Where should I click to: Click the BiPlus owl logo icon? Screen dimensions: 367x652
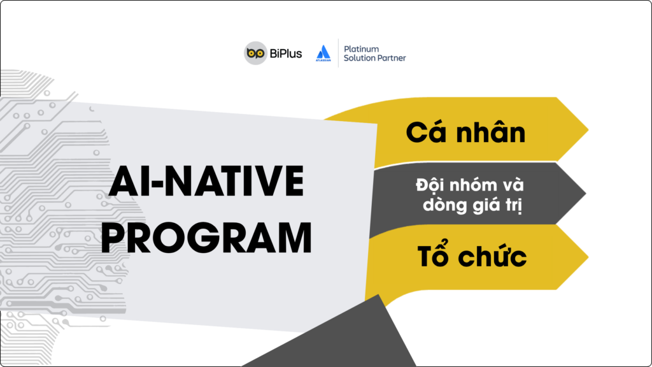point(255,53)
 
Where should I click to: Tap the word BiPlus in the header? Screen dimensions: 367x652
point(285,54)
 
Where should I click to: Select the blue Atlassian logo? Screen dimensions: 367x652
point(323,51)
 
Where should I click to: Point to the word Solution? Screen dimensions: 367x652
point(359,58)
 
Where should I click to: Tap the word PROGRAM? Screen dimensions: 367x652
point(206,238)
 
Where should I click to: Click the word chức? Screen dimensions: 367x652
point(491,256)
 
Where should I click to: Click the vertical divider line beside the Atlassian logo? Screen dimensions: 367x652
point(338,52)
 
